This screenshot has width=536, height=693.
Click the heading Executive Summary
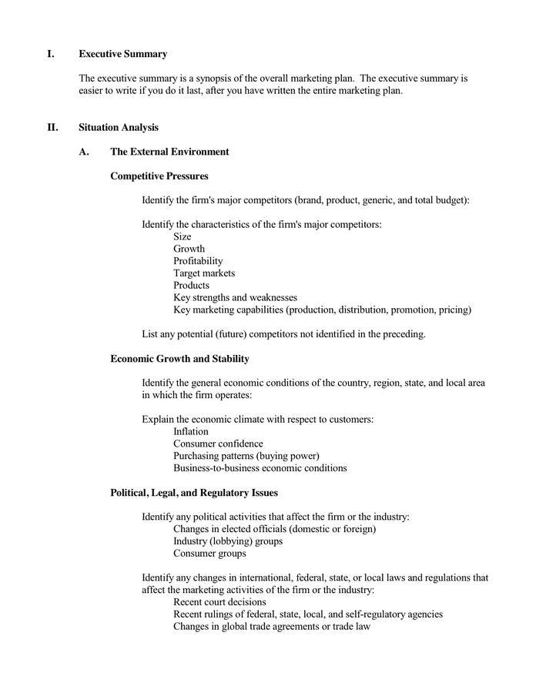[122, 54]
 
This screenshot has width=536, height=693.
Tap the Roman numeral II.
[52, 128]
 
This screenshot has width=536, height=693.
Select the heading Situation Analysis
[119, 128]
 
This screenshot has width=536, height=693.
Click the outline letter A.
[83, 152]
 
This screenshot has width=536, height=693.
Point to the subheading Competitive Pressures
[159, 176]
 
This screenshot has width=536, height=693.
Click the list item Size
[183, 236]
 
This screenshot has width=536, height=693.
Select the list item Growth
[189, 249]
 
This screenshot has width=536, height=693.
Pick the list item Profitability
[198, 261]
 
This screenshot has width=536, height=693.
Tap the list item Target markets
[204, 273]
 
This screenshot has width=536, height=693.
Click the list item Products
[191, 285]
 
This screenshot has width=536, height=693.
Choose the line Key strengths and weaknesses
[235, 297]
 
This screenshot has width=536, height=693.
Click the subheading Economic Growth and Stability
[179, 359]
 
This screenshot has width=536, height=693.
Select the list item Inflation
[191, 431]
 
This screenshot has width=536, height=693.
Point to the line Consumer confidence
[218, 444]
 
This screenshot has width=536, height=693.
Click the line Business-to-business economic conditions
[260, 468]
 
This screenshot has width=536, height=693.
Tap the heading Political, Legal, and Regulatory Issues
[194, 493]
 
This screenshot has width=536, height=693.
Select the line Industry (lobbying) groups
[228, 541]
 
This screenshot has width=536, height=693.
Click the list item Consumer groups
[209, 553]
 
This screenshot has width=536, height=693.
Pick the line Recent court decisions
[219, 602]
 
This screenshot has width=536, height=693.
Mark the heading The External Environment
[169, 152]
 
